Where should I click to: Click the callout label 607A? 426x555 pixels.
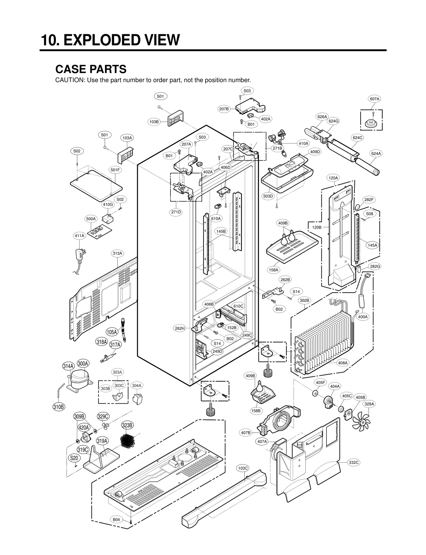click(374, 99)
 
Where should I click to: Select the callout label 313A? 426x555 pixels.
click(117, 253)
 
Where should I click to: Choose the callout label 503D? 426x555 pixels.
click(268, 196)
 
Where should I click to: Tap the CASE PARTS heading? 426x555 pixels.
click(91, 69)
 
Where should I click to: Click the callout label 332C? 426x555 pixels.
click(354, 462)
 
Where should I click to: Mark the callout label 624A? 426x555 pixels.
click(376, 153)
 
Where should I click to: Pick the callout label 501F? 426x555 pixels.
click(115, 170)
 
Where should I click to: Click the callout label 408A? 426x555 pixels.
click(343, 363)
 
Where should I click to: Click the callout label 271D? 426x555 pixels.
click(176, 212)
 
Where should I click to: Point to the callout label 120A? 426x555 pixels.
click(333, 178)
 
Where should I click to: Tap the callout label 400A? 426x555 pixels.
click(363, 317)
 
